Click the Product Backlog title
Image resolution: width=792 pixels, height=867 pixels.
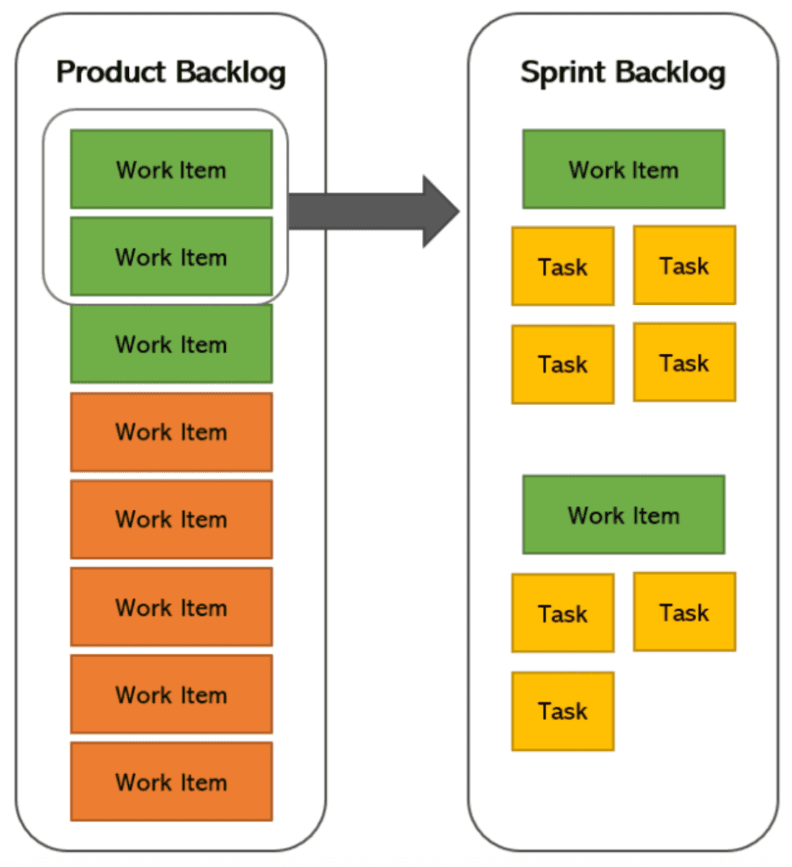coord(171,73)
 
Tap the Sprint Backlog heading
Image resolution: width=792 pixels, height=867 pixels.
coord(623,73)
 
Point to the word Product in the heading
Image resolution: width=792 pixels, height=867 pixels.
coord(112,73)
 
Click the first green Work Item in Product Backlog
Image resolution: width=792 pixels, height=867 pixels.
coord(171,169)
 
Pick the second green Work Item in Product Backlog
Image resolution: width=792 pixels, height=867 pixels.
coord(171,257)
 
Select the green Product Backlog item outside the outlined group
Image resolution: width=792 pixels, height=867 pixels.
coord(171,344)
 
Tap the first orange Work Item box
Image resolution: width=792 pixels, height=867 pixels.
coord(171,432)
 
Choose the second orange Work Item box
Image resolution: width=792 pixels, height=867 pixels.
coord(171,519)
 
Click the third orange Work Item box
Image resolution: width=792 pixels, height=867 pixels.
coord(171,607)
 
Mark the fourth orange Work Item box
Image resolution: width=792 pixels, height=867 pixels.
coord(171,694)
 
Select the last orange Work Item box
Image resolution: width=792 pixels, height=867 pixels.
coord(171,781)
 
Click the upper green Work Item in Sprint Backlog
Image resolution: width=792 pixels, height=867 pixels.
coord(624,169)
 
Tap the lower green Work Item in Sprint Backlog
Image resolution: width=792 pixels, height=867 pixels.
coord(624,515)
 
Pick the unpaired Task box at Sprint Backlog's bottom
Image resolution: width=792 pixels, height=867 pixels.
coord(563,711)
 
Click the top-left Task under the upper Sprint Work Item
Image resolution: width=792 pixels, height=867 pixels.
coord(563,267)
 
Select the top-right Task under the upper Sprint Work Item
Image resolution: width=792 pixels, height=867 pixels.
coord(685,265)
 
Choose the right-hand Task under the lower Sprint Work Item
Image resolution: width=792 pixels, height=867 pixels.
coord(685,612)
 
